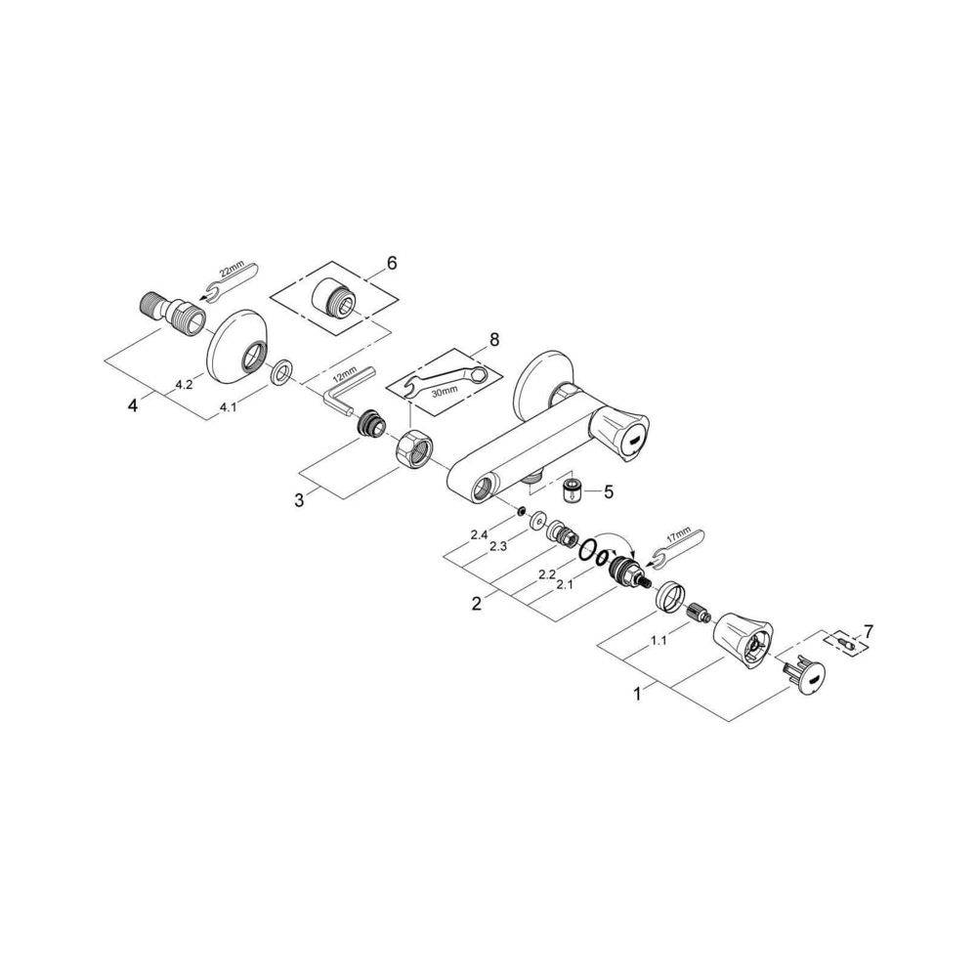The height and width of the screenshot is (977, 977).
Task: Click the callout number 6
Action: [392, 263]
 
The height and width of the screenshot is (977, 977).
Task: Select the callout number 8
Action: [493, 340]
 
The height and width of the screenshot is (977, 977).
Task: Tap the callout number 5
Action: [608, 491]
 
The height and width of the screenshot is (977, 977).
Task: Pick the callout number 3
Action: [301, 499]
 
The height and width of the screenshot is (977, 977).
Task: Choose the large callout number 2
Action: [476, 604]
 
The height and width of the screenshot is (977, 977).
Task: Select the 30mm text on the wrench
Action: [443, 389]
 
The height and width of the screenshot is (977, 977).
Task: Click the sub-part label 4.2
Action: [184, 385]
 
